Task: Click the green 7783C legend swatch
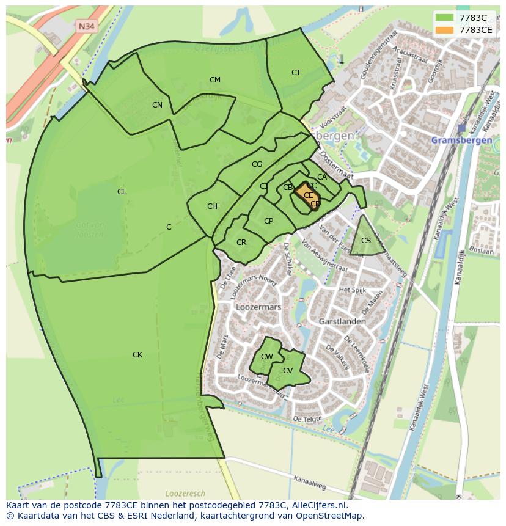coord(444,18)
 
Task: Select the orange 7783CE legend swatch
coord(444,29)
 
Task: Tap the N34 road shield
coord(86,26)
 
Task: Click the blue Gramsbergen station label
coord(461,140)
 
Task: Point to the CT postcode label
coord(296,73)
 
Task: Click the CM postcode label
coord(215,80)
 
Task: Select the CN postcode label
coord(157,105)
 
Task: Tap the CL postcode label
coord(122,192)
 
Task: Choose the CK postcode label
coord(137,355)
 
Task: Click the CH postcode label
coord(212,206)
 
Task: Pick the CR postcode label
coord(241,243)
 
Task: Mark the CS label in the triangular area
coord(366,241)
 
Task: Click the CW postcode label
coord(267,357)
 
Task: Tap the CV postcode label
coord(288,371)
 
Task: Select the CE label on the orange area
coord(308,195)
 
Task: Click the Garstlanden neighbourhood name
coord(342,321)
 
